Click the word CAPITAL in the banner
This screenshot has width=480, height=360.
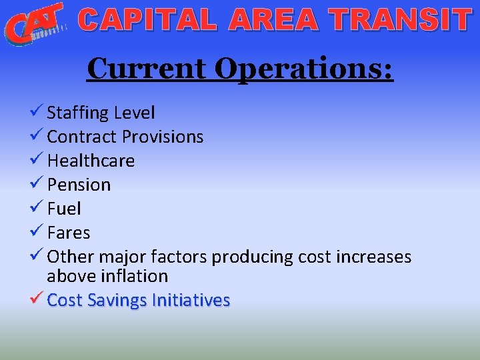(147, 21)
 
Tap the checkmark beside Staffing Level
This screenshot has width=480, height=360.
(37, 112)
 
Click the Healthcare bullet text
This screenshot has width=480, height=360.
(91, 161)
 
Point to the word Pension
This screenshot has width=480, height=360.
(79, 185)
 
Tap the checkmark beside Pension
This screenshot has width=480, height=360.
(37, 184)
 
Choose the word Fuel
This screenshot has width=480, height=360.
(64, 209)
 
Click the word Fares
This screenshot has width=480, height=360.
(68, 233)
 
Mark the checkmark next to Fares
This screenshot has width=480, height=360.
(37, 232)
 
